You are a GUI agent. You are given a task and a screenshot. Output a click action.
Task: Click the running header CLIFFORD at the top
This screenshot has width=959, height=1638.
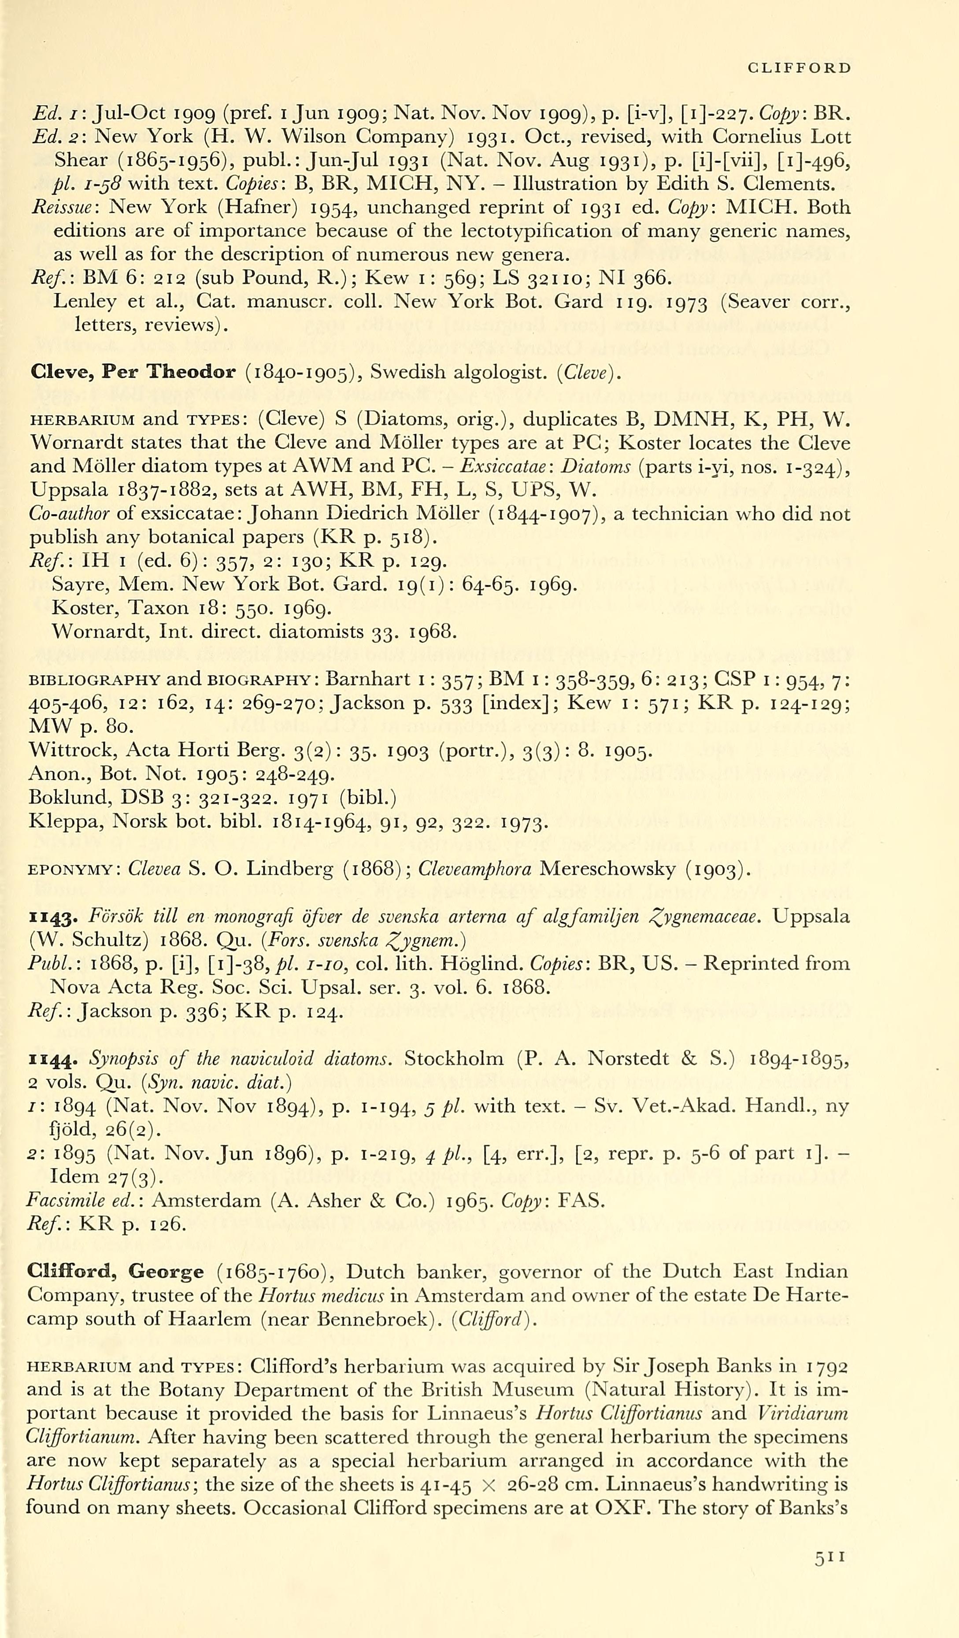pyautogui.click(x=799, y=68)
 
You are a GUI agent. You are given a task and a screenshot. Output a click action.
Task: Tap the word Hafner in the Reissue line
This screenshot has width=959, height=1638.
pyautogui.click(x=260, y=207)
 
